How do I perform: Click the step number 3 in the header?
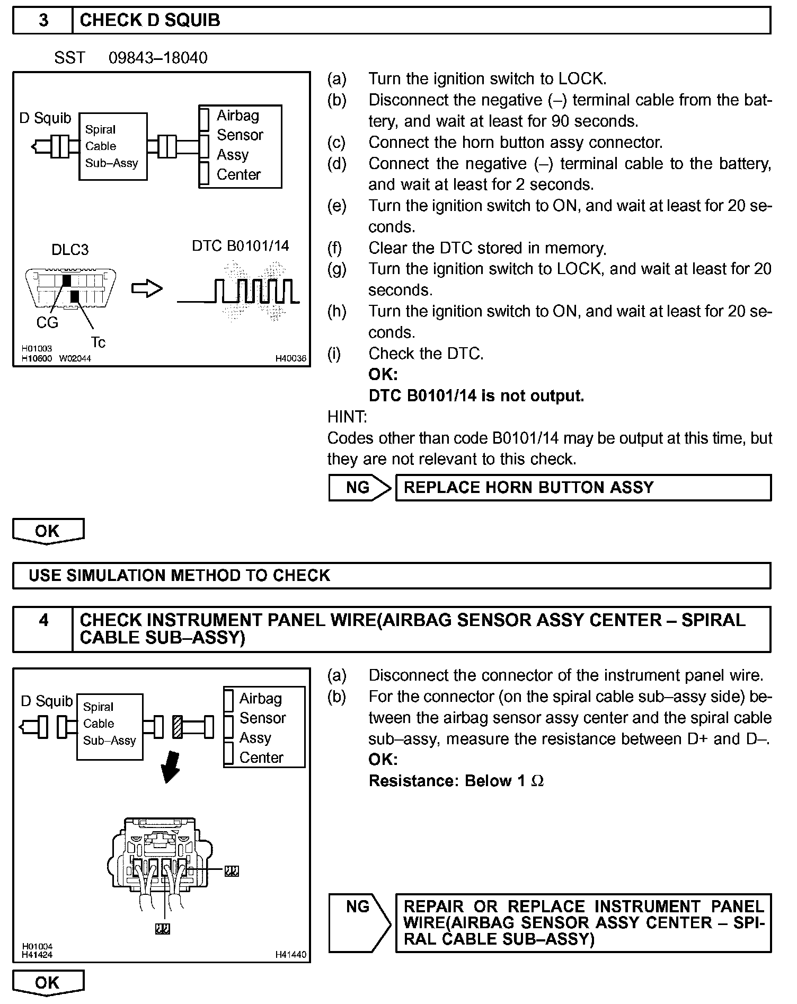tap(43, 20)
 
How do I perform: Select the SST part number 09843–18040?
tap(158, 58)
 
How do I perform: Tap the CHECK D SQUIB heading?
tap(150, 20)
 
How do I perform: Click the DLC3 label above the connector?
tap(70, 250)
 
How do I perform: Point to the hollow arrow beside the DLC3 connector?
tap(146, 289)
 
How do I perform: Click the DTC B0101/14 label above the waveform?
tap(241, 245)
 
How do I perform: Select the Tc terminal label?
tap(98, 342)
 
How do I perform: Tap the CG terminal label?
tap(47, 322)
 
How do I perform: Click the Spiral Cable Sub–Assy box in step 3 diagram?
tap(112, 146)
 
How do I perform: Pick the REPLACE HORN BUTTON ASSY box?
tap(583, 488)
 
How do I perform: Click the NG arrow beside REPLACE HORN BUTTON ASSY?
tap(359, 488)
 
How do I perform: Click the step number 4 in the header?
tap(43, 620)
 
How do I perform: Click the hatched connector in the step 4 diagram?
tap(178, 727)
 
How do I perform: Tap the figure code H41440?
tap(290, 955)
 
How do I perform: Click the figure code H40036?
tap(290, 358)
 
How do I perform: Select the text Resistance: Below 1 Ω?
tap(456, 781)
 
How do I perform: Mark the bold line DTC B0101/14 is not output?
tap(476, 396)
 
